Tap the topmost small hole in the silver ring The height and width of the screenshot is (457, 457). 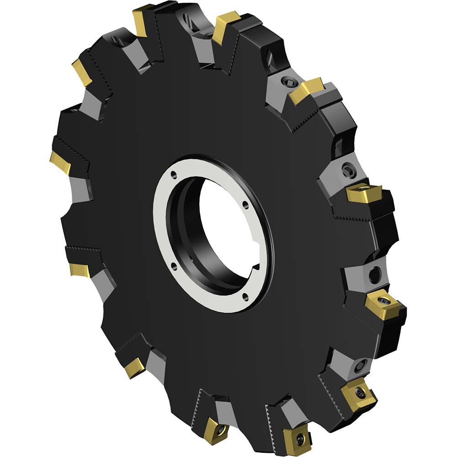click(174, 174)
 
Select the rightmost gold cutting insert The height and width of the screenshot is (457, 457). click(384, 304)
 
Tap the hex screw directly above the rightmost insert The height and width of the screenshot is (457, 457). click(374, 274)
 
